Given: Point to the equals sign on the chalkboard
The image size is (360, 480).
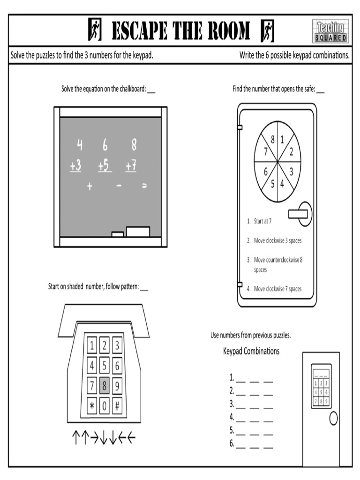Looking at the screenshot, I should pos(144,186).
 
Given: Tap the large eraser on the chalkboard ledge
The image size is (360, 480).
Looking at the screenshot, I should pos(138,232).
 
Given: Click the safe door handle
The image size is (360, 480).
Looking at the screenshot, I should pos(300,213).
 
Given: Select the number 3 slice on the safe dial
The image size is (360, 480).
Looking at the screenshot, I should pos(291,172).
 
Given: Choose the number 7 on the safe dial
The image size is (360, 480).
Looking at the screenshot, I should pos(265,151).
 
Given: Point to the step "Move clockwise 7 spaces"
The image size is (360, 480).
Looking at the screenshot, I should pos(277,289).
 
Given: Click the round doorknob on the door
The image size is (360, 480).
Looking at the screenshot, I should pos(333,419).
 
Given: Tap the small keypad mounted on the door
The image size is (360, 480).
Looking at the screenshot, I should pos(321,385).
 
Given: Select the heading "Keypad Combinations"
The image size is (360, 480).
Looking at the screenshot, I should pos(251,351).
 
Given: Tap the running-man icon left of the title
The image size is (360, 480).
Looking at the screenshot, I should pos(94,31).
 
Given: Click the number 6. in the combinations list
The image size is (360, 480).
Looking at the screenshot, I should pos(232,443).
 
